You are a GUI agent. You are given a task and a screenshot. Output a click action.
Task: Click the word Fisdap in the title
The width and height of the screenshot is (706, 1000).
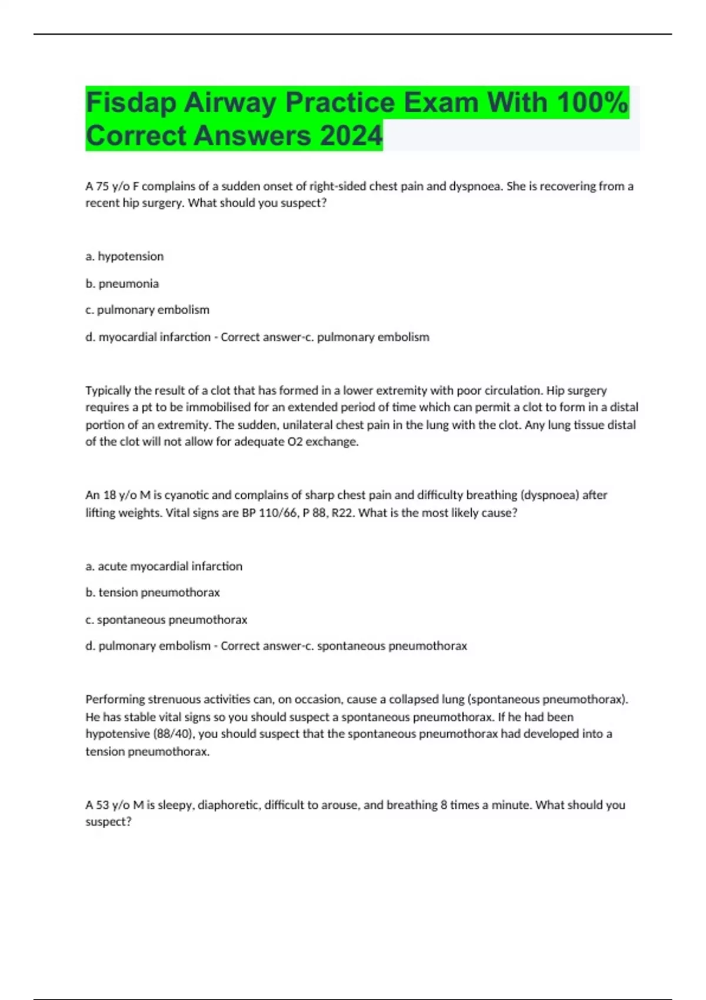click(131, 103)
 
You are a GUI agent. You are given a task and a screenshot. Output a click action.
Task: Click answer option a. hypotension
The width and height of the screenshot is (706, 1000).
click(125, 256)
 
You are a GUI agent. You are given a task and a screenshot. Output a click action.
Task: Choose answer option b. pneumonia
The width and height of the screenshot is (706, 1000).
click(122, 284)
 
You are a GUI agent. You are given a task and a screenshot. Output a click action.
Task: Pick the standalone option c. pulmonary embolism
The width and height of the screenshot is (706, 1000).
click(148, 310)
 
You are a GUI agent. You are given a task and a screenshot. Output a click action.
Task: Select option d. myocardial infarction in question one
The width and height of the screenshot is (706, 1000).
click(148, 337)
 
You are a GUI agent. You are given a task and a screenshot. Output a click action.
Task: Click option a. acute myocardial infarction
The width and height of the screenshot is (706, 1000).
click(164, 566)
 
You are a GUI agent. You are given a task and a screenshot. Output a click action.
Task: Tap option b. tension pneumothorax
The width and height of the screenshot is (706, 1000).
click(153, 592)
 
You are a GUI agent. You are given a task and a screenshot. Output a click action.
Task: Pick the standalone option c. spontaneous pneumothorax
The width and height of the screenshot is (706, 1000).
click(166, 619)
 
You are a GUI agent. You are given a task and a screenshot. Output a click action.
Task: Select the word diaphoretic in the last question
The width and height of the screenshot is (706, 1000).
click(230, 805)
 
